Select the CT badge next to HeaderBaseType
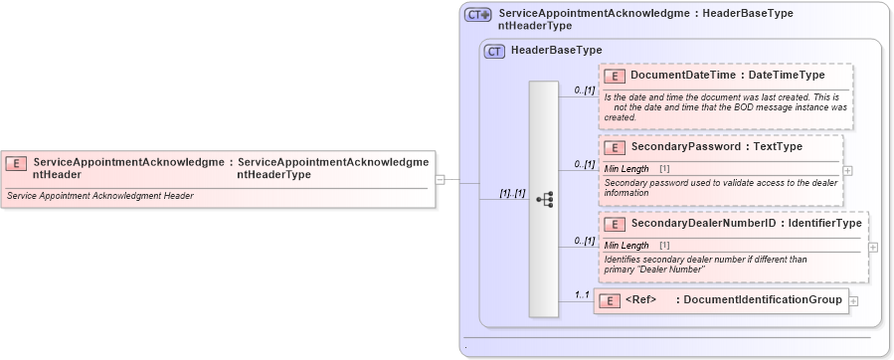(494, 51)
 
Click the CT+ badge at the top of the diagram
(478, 15)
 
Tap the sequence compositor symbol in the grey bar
(544, 199)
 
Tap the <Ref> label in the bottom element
(641, 299)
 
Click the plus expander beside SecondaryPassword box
(847, 170)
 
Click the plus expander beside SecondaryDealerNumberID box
(872, 247)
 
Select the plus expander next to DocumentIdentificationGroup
(853, 300)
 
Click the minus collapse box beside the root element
(440, 180)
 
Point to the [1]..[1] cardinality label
(511, 193)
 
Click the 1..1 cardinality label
(581, 294)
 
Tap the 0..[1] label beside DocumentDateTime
(584, 90)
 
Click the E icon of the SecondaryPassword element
(615, 147)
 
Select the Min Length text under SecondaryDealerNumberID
(626, 245)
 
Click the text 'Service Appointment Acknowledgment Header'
(99, 196)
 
